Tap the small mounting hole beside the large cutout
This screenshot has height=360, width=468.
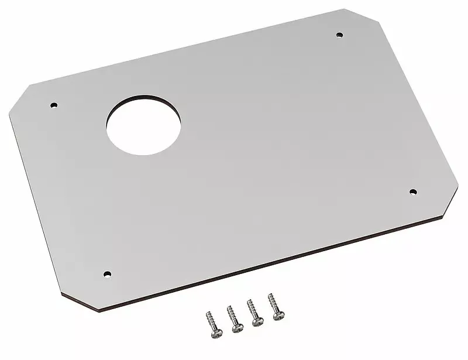pos(54,106)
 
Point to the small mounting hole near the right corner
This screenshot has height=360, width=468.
pos(412,191)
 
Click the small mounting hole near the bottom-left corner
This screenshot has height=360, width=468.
pos(106,273)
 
